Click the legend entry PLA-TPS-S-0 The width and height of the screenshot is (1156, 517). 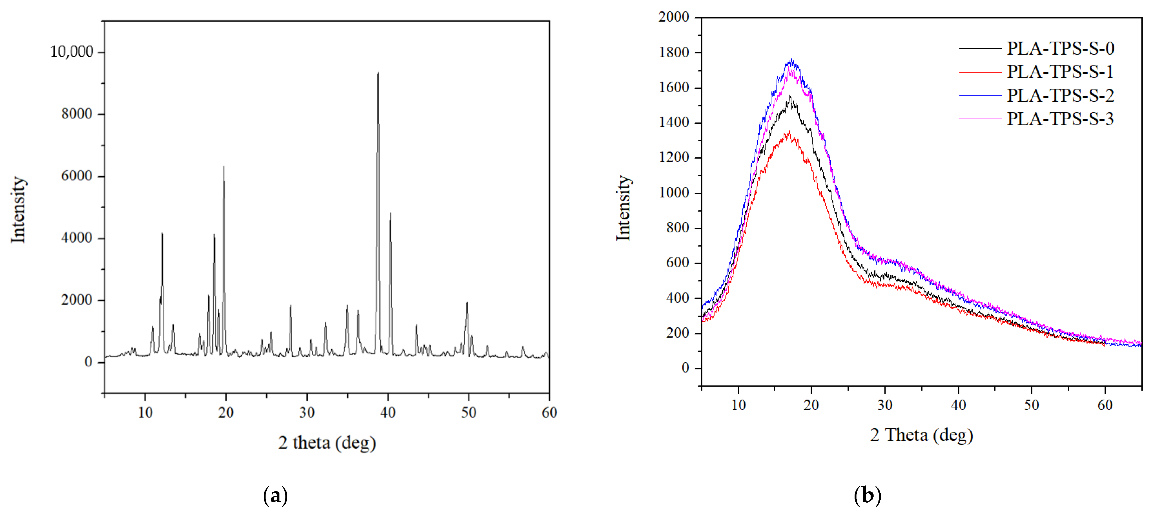click(1060, 48)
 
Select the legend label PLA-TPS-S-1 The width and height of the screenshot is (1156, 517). click(1060, 72)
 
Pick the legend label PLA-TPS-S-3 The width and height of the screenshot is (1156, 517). click(1060, 119)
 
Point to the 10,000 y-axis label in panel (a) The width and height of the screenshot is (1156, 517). click(72, 52)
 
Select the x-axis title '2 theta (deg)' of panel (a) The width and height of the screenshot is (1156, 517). click(327, 443)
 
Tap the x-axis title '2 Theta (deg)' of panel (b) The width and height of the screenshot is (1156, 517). click(921, 435)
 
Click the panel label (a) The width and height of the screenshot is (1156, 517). click(275, 496)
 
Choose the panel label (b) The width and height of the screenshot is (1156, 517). click(867, 496)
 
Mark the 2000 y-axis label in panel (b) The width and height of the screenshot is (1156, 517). click(673, 17)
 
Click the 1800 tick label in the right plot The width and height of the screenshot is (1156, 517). click(673, 52)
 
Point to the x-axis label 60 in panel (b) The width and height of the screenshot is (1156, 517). click(1105, 405)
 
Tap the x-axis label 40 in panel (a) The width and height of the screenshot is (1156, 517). click(388, 412)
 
